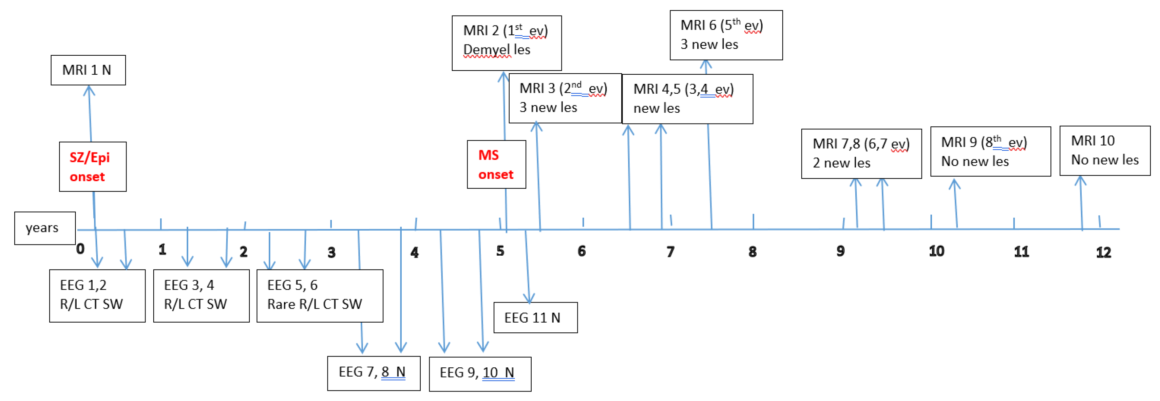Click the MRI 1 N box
coord(88,70)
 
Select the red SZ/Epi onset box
coord(92,166)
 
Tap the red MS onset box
coord(496,164)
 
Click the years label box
coord(44,228)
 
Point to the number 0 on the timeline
coord(80,249)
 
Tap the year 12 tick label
coord(1103,252)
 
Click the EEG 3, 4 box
coord(201,295)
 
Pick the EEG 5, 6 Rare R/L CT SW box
coord(319,295)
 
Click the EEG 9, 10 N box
coord(480,374)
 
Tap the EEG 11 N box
coord(535,318)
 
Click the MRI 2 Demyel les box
coord(506,43)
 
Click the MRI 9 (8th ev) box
coord(990,151)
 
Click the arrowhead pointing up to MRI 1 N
coord(89,90)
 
